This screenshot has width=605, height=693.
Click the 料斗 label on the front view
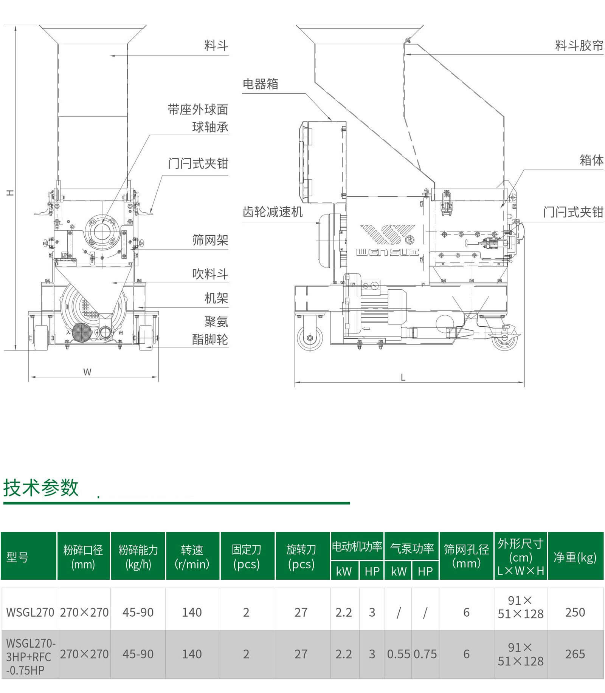click(216, 46)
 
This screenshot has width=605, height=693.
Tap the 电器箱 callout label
click(260, 84)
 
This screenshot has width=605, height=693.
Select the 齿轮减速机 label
click(272, 212)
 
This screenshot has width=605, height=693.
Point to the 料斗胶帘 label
click(579, 46)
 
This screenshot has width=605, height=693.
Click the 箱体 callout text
click(591, 160)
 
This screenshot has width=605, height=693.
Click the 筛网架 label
click(210, 240)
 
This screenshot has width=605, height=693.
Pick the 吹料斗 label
click(210, 274)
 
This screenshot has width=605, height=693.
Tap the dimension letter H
click(10, 193)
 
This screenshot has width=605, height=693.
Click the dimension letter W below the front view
click(87, 372)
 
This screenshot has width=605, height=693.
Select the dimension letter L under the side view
click(403, 377)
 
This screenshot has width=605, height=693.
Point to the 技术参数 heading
click(41, 488)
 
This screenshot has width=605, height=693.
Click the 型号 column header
click(17, 557)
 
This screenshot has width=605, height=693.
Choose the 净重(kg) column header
click(575, 557)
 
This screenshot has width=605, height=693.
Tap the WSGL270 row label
click(30, 612)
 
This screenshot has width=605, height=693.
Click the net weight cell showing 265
click(575, 654)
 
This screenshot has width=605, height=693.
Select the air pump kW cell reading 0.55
click(399, 654)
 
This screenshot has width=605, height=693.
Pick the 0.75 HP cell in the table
click(425, 654)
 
